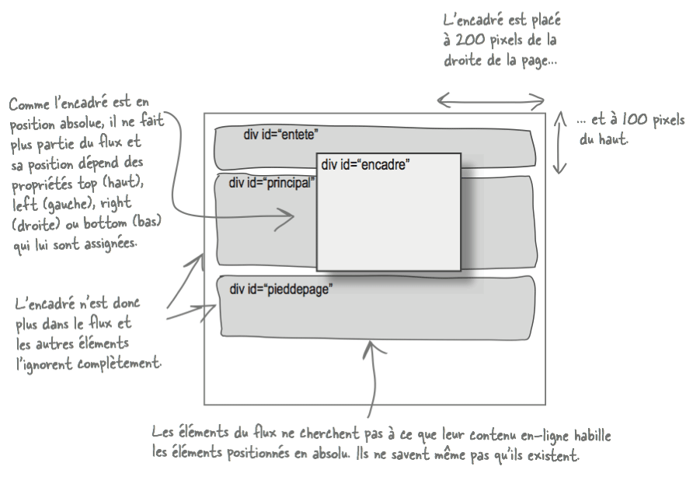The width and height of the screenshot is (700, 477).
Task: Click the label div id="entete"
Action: coord(280,135)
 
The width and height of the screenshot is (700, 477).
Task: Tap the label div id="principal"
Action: coord(271,183)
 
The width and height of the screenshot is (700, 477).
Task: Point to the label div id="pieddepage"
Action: coord(280,289)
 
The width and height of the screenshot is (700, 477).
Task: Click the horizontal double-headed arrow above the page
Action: coord(490,100)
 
